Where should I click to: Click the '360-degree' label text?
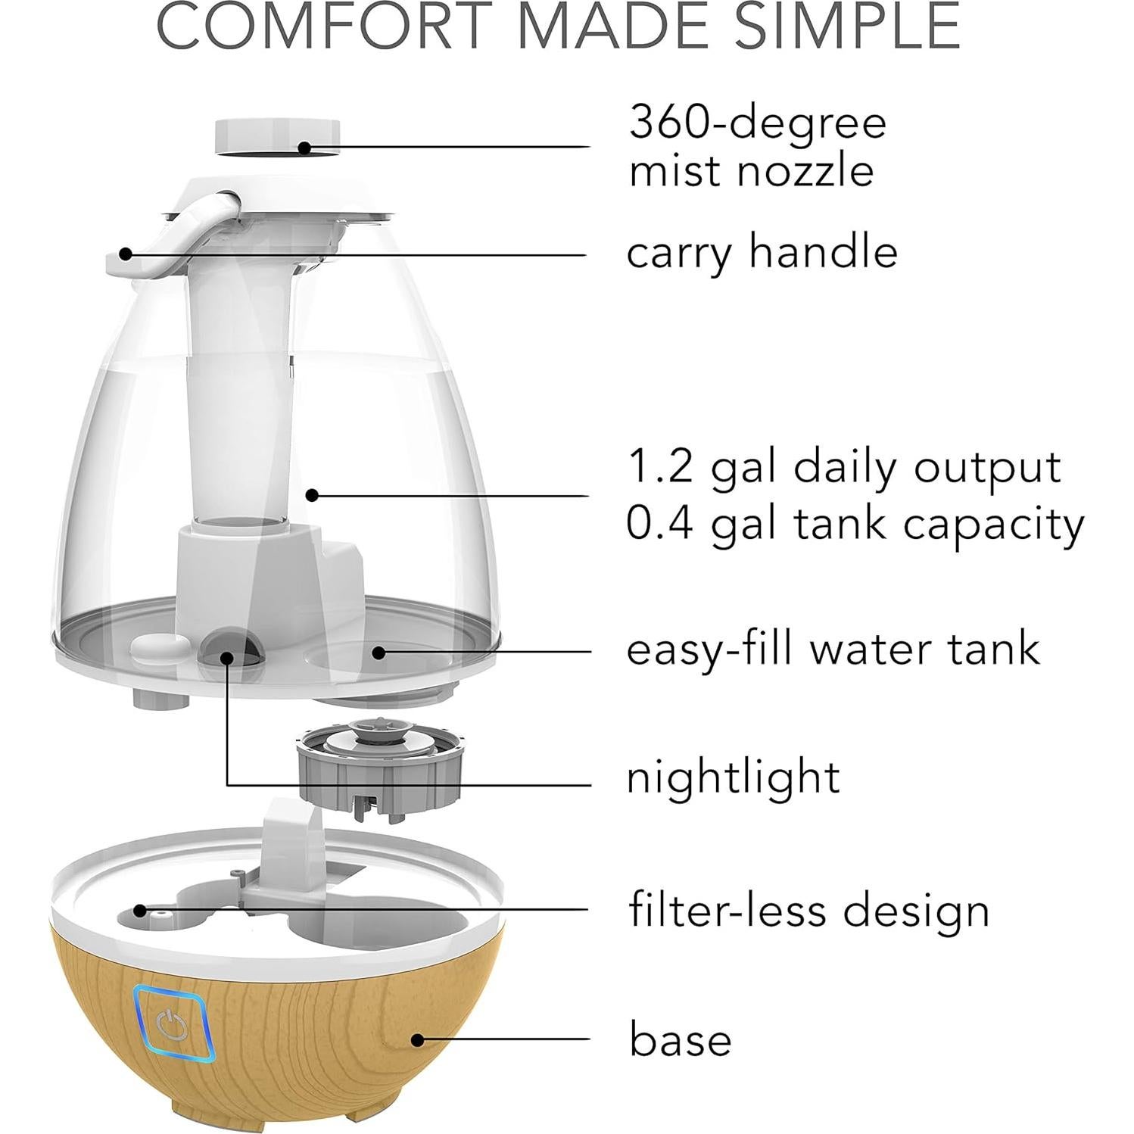click(x=757, y=123)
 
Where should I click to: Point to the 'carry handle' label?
click(x=762, y=252)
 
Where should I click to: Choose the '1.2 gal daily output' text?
click(x=844, y=467)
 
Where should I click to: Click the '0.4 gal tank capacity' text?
click(x=855, y=523)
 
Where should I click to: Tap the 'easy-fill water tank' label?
click(x=833, y=650)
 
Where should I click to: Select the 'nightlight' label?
click(x=733, y=777)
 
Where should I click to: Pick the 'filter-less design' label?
click(x=808, y=909)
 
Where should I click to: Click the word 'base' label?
click(x=680, y=1039)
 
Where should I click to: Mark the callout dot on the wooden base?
click(x=417, y=1039)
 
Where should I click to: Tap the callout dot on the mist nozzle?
click(x=304, y=147)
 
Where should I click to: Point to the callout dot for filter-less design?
click(x=139, y=909)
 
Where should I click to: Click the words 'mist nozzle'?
click(x=751, y=171)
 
